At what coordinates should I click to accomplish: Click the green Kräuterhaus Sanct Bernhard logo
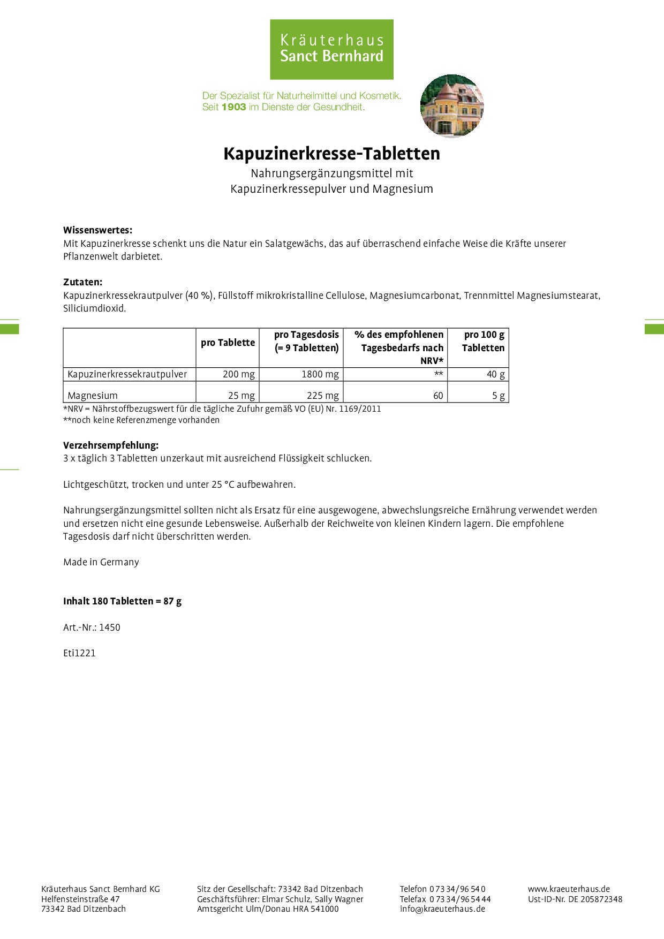point(331,49)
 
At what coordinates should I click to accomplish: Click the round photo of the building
point(452,105)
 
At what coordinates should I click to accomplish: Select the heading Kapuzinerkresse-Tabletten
point(331,154)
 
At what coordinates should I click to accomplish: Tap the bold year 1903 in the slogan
point(233,107)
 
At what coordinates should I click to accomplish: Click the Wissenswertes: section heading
point(97,230)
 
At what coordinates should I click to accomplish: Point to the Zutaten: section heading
point(82,282)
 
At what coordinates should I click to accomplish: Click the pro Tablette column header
point(228,343)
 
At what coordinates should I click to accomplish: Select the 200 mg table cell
point(238,374)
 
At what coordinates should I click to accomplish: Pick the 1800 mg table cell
point(320,374)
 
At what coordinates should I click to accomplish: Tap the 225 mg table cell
point(322,396)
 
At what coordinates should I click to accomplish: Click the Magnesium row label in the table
point(93,396)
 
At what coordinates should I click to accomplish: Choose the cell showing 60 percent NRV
point(438,396)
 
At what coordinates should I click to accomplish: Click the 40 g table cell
point(495,374)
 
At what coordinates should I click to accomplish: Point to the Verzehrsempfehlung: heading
point(111,445)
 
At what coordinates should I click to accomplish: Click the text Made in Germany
point(101,562)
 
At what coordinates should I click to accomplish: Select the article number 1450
point(110,627)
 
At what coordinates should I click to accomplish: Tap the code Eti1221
point(79,653)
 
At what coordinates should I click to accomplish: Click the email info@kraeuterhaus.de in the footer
point(442,908)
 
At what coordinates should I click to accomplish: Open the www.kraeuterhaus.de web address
point(569,889)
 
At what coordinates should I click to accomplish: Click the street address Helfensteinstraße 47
point(80,899)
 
